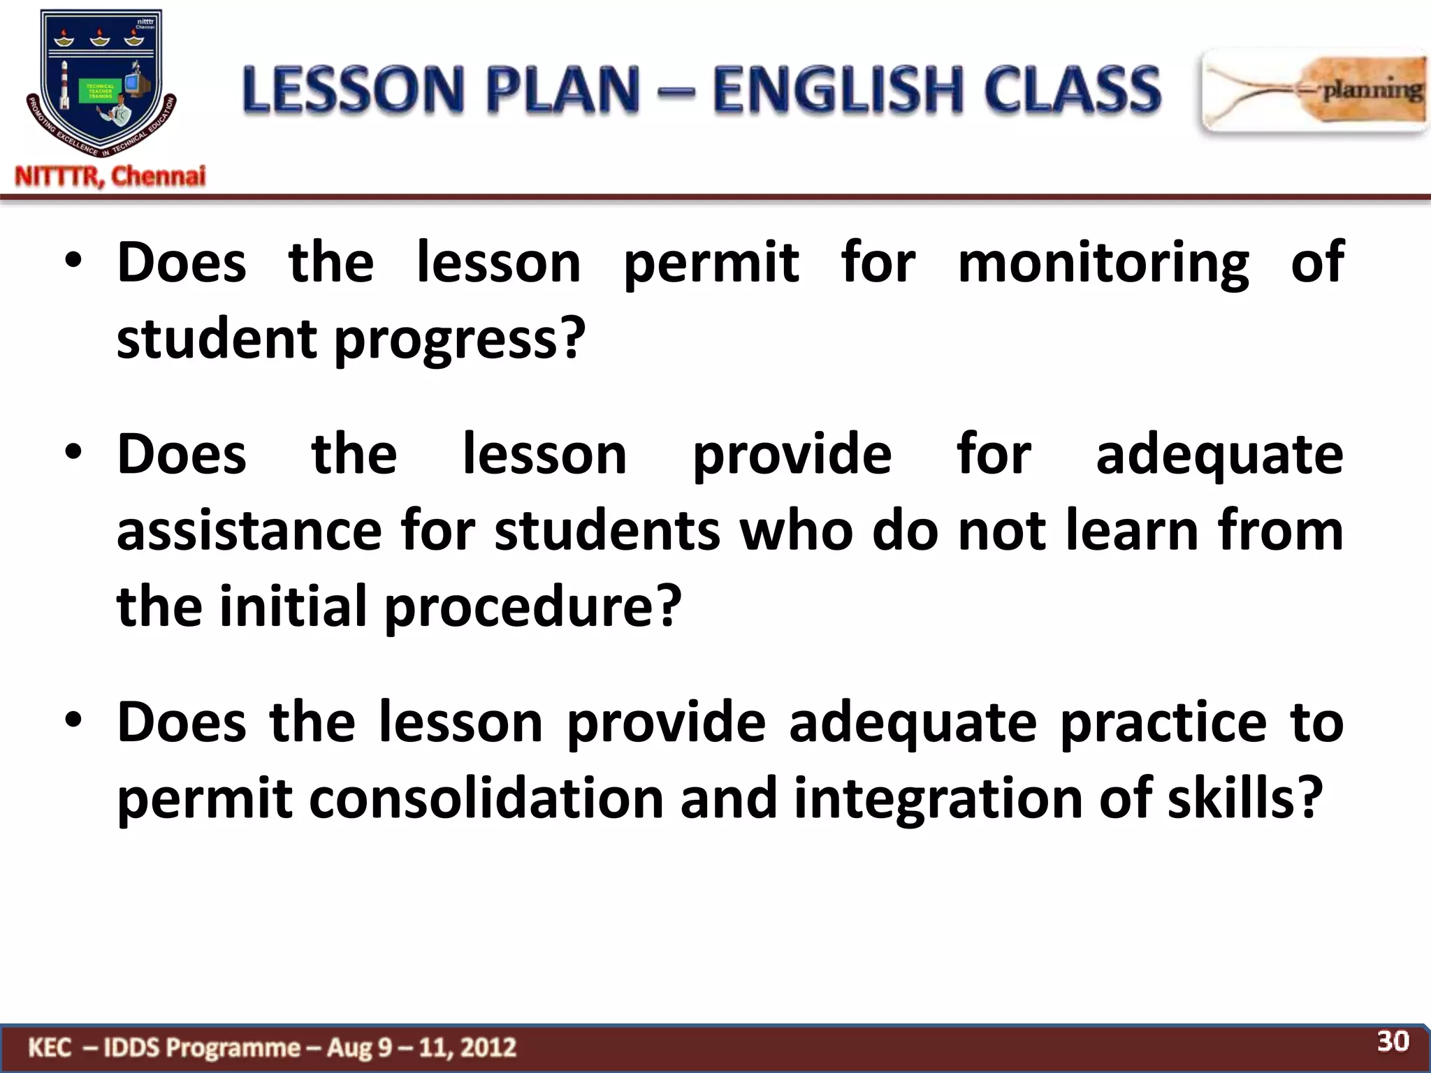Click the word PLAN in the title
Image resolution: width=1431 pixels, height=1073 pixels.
pos(562,89)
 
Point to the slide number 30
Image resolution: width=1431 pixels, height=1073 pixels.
pos(1393,1042)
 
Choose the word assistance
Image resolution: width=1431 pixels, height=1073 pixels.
pos(249,531)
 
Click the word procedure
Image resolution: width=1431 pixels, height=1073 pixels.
pos(532,607)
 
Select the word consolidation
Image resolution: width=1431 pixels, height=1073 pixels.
pos(486,798)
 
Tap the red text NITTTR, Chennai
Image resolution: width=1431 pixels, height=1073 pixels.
pos(110,176)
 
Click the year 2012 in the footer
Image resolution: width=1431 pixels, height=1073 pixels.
pos(488,1048)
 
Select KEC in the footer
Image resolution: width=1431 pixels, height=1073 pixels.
pos(50,1048)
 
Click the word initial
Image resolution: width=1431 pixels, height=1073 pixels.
pos(293,607)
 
